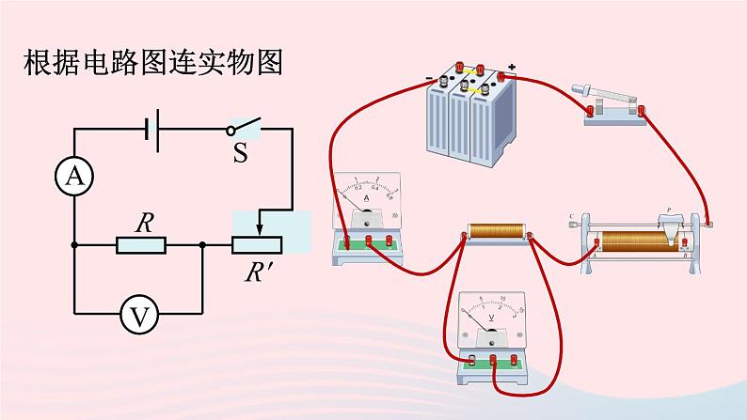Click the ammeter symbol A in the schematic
click(x=73, y=175)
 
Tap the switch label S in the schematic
click(x=240, y=153)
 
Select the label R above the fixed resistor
click(x=144, y=223)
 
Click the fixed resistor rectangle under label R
click(x=141, y=245)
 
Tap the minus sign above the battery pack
click(x=428, y=78)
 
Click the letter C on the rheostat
click(x=572, y=218)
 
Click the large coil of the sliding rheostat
click(x=640, y=241)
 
